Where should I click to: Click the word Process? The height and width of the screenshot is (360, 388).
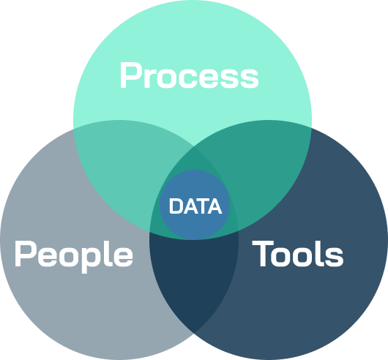click(x=190, y=75)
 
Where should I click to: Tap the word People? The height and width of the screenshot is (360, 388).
click(x=74, y=256)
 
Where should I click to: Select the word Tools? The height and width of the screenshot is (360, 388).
click(x=298, y=253)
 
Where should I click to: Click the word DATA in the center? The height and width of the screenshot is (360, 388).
click(x=195, y=206)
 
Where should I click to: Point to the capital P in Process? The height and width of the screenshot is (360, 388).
click(x=130, y=75)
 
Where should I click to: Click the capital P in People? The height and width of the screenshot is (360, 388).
click(x=25, y=254)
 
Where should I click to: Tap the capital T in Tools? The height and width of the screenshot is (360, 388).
click(x=263, y=254)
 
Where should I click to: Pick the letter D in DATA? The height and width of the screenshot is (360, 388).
click(x=176, y=206)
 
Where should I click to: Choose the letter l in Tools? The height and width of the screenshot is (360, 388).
click(x=320, y=253)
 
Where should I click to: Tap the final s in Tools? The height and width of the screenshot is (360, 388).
click(x=334, y=257)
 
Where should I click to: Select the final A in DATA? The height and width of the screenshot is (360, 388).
click(x=214, y=206)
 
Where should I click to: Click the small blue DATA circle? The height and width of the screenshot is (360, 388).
click(x=195, y=205)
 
